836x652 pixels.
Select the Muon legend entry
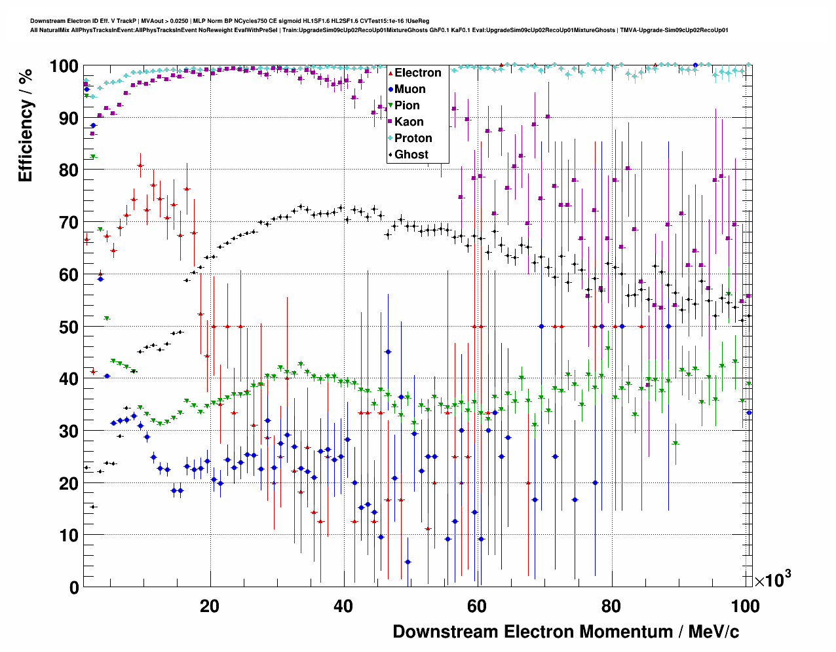(x=409, y=89)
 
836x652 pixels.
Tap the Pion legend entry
(x=407, y=105)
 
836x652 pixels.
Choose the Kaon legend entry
(x=409, y=122)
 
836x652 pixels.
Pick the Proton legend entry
(x=413, y=138)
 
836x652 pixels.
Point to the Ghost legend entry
(x=411, y=154)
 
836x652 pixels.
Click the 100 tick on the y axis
(x=64, y=66)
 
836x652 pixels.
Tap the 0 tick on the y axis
(x=73, y=587)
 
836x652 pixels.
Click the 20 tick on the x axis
(x=210, y=606)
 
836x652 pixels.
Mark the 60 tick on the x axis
(x=477, y=606)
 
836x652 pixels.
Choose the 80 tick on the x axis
(x=611, y=606)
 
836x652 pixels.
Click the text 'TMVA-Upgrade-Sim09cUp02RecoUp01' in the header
(x=674, y=30)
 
